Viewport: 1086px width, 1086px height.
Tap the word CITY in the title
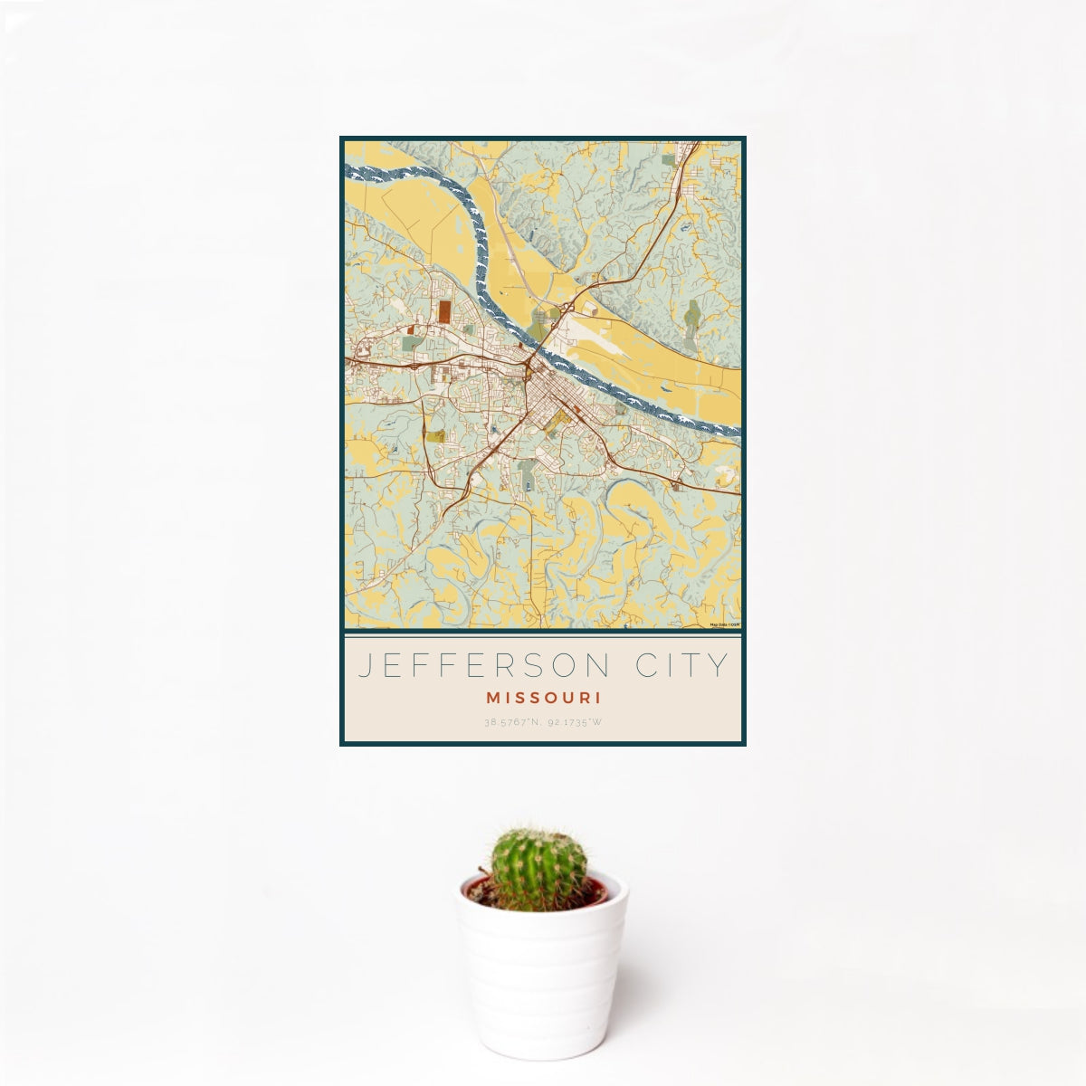[678, 666]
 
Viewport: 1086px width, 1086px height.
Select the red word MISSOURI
[543, 699]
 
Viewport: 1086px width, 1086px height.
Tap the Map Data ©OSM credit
[724, 624]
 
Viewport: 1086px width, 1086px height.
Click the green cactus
[539, 868]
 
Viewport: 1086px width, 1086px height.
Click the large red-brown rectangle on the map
[445, 311]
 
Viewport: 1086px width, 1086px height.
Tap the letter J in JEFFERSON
[365, 666]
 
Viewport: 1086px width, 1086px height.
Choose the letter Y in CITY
[719, 666]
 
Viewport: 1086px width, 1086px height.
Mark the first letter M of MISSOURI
[491, 699]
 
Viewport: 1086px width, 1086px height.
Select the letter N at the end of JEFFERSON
[600, 666]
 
